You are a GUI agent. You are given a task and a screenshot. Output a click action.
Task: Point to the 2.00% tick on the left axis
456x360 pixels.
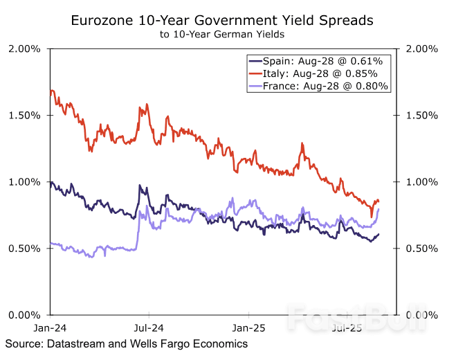24,48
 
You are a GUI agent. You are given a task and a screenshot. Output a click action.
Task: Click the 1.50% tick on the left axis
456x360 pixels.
24,115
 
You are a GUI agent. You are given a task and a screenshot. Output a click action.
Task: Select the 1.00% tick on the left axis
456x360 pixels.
24,181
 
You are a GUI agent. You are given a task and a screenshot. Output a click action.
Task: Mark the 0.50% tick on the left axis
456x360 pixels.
24,248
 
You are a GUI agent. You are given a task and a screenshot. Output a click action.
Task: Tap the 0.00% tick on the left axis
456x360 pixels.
24,314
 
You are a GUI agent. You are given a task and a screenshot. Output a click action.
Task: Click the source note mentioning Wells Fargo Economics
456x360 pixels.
127,343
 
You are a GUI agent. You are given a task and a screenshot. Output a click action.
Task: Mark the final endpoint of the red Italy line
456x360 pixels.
379,201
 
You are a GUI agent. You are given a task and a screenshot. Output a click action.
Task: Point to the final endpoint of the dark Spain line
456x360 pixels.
379,234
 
